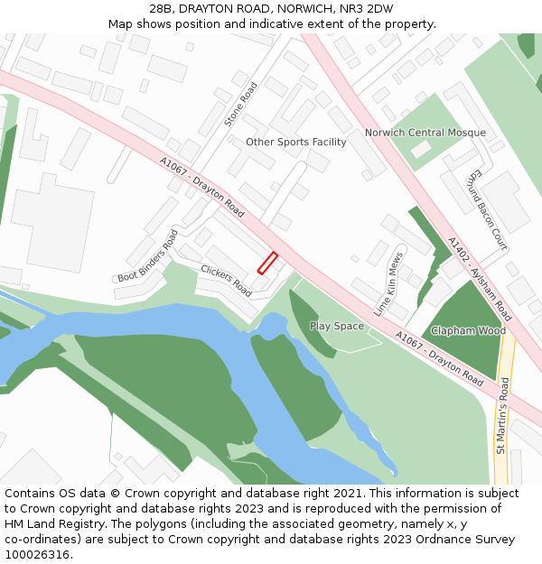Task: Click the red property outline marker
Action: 267,263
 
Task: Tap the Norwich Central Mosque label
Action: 425,133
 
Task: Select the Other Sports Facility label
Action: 295,142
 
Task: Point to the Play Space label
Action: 336,326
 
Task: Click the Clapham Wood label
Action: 468,330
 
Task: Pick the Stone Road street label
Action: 241,103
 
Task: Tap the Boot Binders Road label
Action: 148,256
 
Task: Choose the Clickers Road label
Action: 226,281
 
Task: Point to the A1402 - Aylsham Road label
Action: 480,279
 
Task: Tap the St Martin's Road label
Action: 502,416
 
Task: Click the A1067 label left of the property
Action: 202,188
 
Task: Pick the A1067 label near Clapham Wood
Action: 438,359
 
